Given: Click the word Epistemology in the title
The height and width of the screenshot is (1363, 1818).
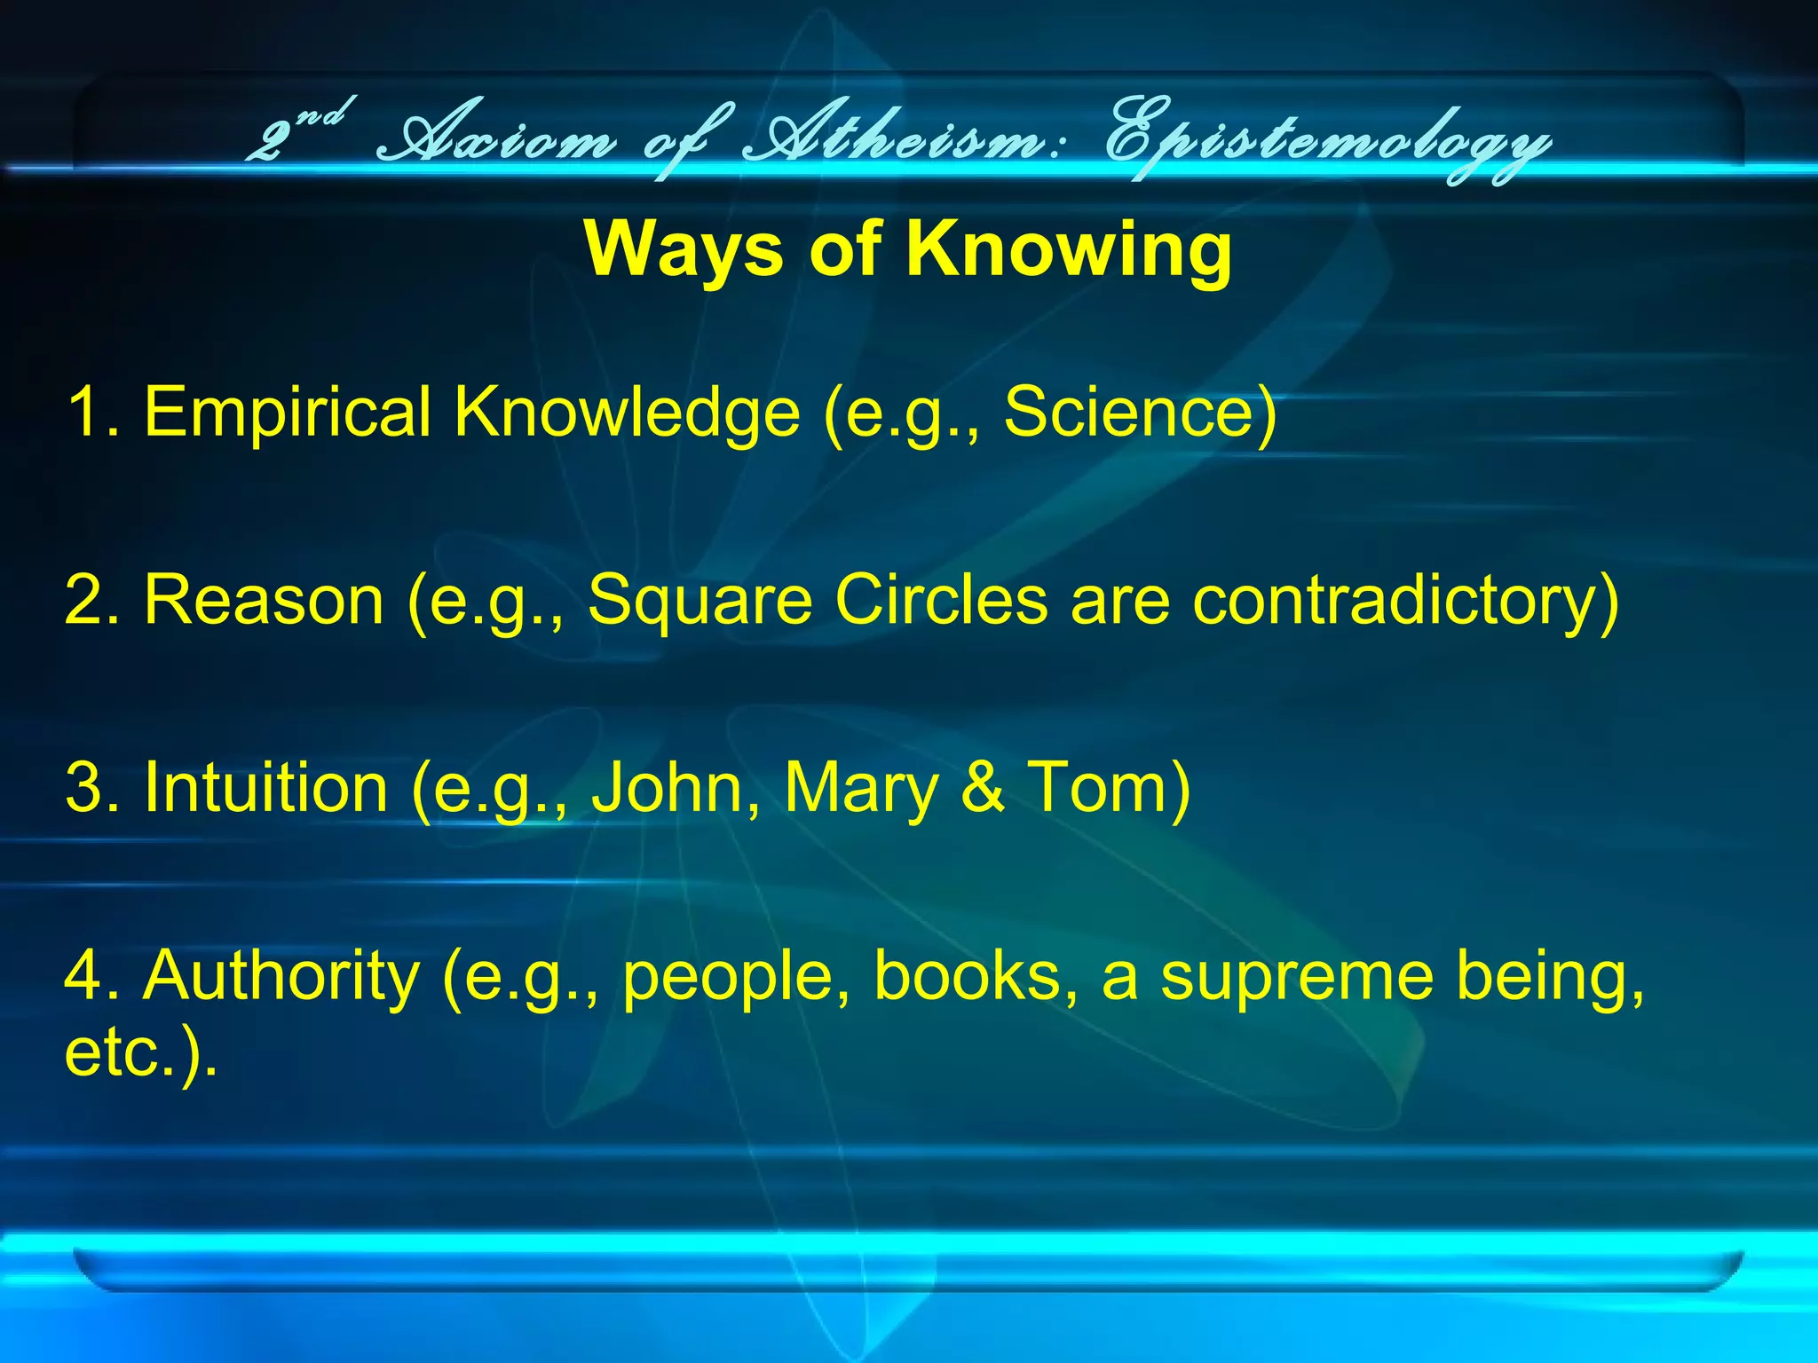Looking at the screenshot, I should pos(1327,142).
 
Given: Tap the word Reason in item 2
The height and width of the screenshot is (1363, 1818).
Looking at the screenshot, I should pos(264,601).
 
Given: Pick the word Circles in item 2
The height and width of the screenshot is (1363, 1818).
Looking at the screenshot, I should pos(942,601).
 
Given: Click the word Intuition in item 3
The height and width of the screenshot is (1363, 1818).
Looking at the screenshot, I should pos(265,788).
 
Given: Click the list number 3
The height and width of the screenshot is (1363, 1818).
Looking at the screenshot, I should pos(84,788).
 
